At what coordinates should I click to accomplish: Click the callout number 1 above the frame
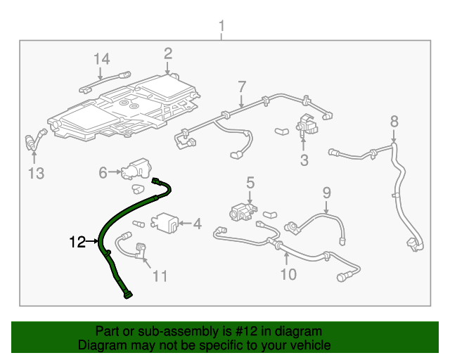point(221,26)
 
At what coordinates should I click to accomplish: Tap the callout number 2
point(168,53)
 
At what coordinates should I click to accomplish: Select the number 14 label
point(101,59)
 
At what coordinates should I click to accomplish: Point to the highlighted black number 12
point(77,242)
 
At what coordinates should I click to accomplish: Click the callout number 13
point(36,174)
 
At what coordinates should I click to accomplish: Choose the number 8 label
point(394,121)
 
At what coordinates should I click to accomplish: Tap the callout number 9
point(326,193)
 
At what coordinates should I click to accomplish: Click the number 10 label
point(288,274)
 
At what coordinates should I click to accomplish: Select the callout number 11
point(160,276)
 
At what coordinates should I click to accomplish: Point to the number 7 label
point(242,86)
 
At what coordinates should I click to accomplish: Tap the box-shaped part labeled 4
point(165,223)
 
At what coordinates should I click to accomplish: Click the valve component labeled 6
point(136,169)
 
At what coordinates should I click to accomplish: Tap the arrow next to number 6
point(115,172)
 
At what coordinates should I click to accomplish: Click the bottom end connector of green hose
point(128,295)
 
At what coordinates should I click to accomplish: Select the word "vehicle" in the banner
point(312,345)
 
